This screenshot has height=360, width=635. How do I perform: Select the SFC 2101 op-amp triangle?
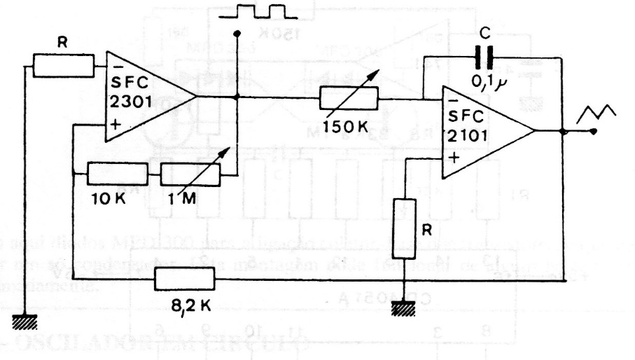point(483,131)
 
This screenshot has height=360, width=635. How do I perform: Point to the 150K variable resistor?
point(349,99)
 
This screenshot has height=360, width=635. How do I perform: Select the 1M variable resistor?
point(190,173)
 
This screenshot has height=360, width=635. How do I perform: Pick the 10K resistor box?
point(118,173)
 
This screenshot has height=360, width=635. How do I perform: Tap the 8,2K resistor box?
point(186,281)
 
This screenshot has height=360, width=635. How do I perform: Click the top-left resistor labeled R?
point(63,66)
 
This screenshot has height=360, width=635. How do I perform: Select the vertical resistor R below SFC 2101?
point(405,221)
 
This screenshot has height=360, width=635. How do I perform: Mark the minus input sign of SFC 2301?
point(113,64)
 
